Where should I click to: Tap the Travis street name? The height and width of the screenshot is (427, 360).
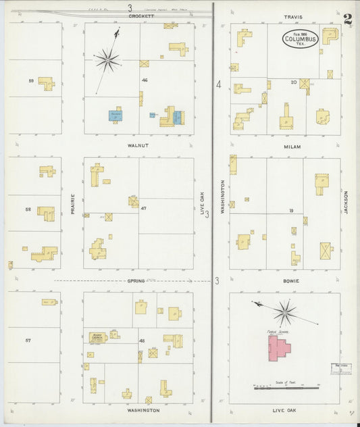click(x=293, y=17)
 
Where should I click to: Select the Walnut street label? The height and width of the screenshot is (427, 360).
click(x=137, y=145)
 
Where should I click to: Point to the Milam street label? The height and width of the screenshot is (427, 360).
click(x=292, y=146)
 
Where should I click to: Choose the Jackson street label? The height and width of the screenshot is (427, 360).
click(x=346, y=202)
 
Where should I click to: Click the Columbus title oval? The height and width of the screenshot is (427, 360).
click(x=301, y=39)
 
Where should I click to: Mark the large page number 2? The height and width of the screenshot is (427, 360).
click(x=347, y=19)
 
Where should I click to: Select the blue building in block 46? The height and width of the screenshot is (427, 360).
click(x=115, y=116)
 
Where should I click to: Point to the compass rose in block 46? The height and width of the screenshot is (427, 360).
click(x=107, y=60)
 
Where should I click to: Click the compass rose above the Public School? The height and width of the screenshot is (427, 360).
click(x=285, y=312)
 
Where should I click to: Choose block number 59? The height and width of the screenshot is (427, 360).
click(x=31, y=81)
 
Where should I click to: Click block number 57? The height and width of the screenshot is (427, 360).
click(x=28, y=340)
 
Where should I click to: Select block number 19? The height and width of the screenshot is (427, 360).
click(x=291, y=211)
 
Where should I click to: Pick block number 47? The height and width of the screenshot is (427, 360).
click(x=143, y=209)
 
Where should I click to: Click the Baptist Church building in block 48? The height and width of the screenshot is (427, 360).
click(x=97, y=336)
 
